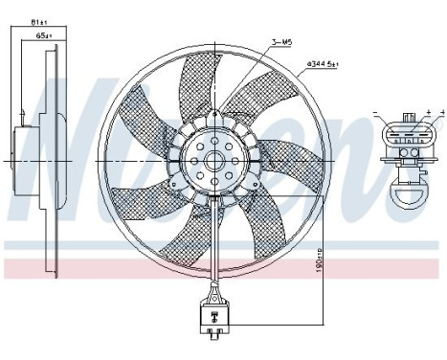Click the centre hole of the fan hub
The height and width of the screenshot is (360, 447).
point(212,161)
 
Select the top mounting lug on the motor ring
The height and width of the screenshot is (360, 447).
point(212,113)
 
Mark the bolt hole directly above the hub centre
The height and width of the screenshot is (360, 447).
point(212,145)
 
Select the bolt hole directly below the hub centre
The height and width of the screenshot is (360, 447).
point(212,177)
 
